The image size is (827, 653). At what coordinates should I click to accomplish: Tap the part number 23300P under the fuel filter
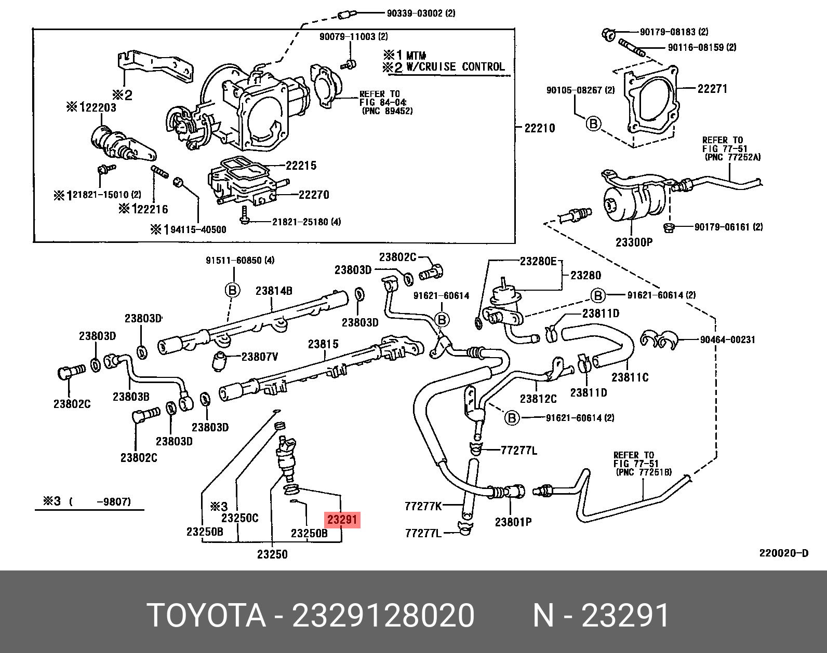634,242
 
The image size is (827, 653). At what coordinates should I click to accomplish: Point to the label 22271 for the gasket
712,89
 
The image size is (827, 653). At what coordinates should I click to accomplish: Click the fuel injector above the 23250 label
287,457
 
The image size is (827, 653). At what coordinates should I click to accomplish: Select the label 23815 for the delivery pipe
323,344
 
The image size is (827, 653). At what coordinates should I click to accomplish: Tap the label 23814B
274,291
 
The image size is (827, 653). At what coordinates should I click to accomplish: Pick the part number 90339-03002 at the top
420,13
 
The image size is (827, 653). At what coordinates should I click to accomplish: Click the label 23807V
260,357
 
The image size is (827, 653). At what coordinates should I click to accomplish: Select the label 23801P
514,522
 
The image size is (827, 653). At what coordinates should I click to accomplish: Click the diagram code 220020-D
783,553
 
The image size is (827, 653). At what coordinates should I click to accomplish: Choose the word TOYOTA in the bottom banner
207,616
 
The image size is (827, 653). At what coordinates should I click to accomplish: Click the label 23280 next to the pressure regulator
585,275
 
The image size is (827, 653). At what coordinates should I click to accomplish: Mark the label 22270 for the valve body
314,195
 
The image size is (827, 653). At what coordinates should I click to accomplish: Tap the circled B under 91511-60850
232,290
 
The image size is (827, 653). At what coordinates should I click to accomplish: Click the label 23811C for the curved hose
630,377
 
